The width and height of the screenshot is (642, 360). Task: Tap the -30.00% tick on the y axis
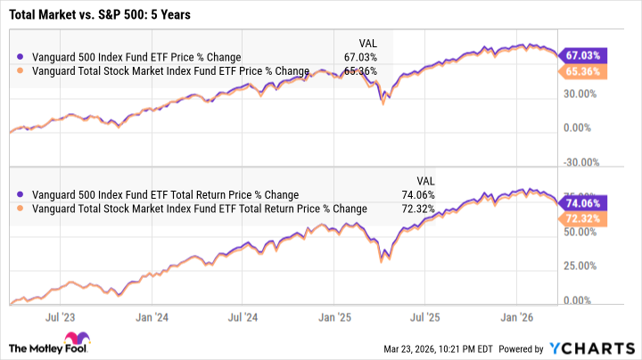(580, 161)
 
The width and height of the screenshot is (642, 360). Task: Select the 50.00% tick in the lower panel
(580, 232)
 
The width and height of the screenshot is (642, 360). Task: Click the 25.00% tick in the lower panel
(580, 266)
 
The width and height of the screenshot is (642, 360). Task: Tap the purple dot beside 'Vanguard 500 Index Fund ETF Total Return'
(21, 194)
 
